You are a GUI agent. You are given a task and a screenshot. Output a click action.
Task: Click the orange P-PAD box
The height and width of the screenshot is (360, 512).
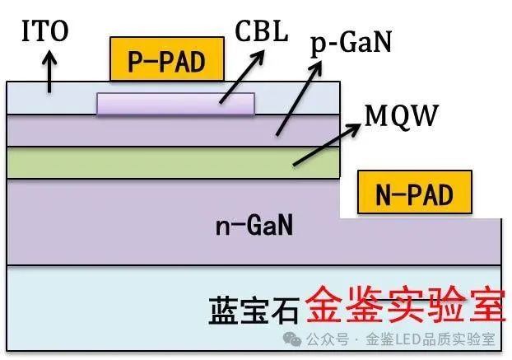click(167, 60)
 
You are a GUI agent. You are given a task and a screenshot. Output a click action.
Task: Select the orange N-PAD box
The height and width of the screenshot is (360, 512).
click(415, 194)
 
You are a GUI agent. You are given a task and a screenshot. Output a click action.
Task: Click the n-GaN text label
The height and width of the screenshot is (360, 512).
click(254, 223)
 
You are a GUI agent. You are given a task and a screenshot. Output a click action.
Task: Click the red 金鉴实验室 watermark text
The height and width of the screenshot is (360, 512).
click(403, 307)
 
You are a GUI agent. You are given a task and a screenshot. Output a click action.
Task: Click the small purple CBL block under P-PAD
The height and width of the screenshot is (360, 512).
click(175, 103)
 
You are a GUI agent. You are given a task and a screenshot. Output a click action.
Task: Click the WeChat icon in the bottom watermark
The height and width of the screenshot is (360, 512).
click(294, 339)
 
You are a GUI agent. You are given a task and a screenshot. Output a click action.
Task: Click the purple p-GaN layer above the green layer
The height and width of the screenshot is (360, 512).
click(123, 130)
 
